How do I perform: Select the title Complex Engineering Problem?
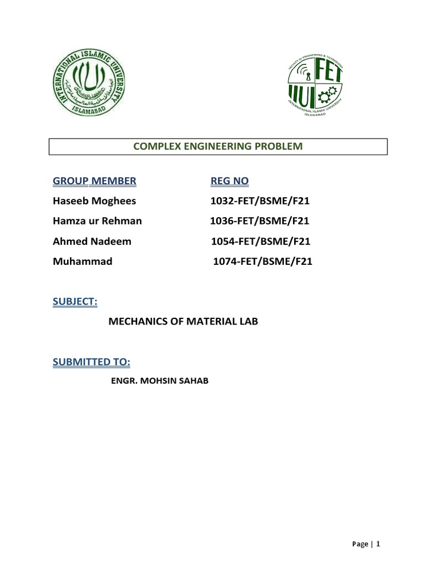pos(218,147)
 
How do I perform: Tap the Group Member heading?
pos(94,181)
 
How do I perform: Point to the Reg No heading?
pos(230,181)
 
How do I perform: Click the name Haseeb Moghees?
pos(94,201)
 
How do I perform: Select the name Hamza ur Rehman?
pos(97,221)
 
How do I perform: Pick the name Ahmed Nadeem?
pos(92,241)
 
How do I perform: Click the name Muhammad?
pos(83,261)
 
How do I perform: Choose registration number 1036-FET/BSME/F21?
pos(260,221)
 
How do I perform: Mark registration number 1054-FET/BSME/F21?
pos(260,241)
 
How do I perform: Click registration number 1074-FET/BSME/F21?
pos(262,261)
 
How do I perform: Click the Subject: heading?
pos(75,302)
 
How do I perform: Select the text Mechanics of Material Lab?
pos(183,322)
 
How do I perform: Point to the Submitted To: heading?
pos(92,362)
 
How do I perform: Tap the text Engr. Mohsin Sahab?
pos(159,381)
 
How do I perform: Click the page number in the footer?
pos(377,544)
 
